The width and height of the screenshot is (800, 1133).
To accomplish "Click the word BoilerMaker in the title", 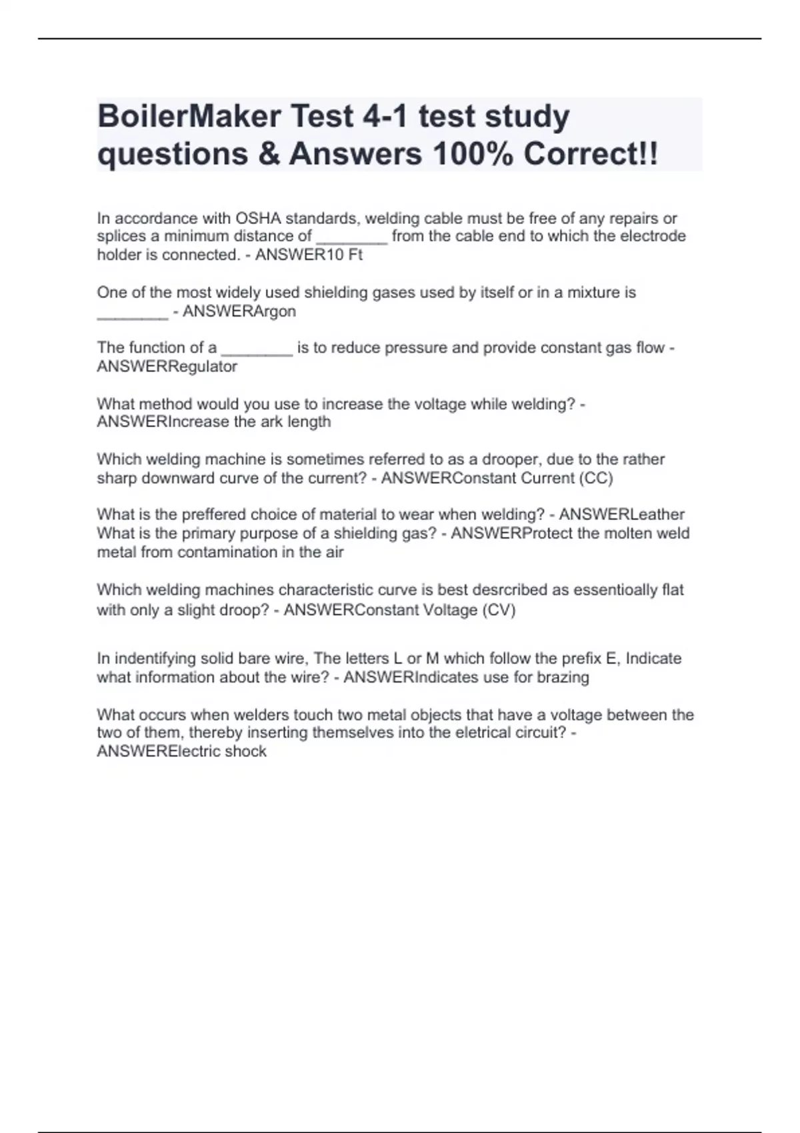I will (189, 117).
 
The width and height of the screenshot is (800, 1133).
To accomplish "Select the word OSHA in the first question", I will (258, 219).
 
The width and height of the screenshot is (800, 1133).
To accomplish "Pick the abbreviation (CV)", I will (499, 610).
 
